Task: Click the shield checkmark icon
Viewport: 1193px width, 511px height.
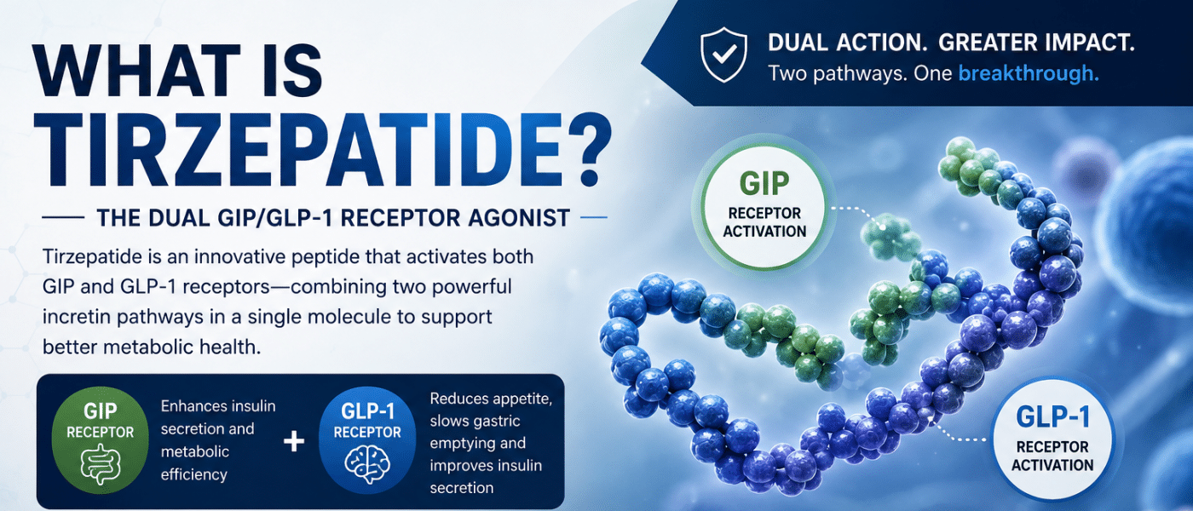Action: tap(723, 55)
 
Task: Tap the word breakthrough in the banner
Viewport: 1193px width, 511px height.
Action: tap(1029, 73)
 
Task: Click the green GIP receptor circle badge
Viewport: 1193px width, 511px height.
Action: tap(101, 440)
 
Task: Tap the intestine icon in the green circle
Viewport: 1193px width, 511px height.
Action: tap(101, 464)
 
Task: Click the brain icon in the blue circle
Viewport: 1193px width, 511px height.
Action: tap(367, 465)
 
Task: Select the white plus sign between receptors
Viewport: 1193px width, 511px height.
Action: tap(293, 441)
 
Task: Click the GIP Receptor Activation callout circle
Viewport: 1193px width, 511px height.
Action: tap(764, 206)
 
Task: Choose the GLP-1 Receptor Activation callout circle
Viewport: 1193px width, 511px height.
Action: tap(1052, 439)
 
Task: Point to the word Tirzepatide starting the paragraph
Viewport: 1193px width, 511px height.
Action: tap(93, 257)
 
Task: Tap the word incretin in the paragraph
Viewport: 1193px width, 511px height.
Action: tap(77, 317)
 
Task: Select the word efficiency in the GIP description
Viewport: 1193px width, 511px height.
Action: tap(194, 474)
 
